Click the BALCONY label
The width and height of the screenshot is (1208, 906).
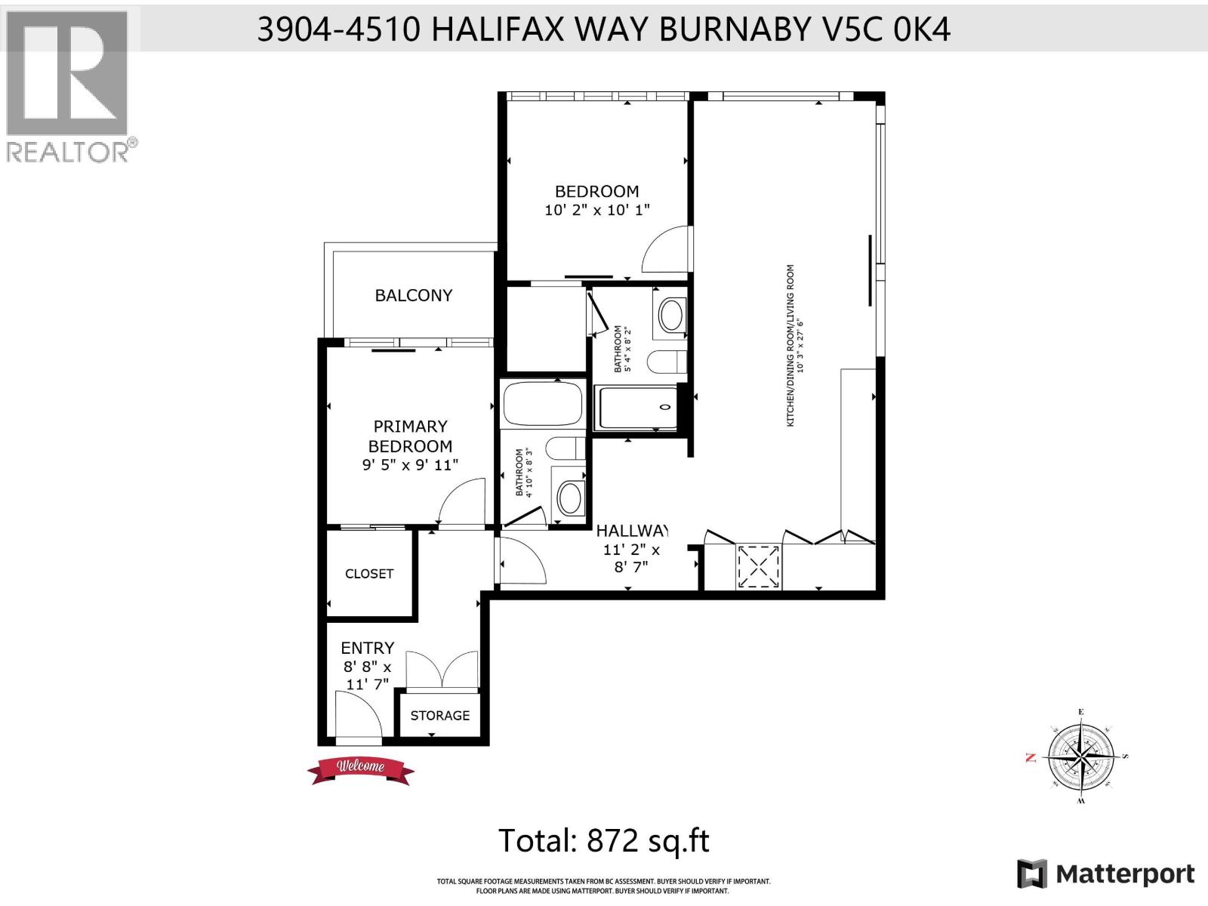click(x=413, y=295)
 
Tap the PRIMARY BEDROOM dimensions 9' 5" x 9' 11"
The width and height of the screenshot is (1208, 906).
click(x=410, y=465)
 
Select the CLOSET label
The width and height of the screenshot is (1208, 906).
click(x=369, y=574)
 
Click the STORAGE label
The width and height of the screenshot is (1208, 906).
click(x=440, y=715)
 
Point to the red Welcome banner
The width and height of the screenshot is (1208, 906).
click(x=361, y=769)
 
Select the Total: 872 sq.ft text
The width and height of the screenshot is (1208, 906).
click(x=604, y=840)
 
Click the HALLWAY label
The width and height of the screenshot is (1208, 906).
click(x=632, y=530)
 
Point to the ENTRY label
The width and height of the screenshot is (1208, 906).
click(x=368, y=648)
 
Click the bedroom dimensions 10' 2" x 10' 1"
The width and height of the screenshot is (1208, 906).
click(x=596, y=210)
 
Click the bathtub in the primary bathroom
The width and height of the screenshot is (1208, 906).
click(x=543, y=404)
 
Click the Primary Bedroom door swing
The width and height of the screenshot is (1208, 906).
click(x=461, y=501)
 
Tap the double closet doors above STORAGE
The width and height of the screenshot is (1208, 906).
click(x=442, y=670)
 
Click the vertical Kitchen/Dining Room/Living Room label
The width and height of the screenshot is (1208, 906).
click(x=790, y=345)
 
